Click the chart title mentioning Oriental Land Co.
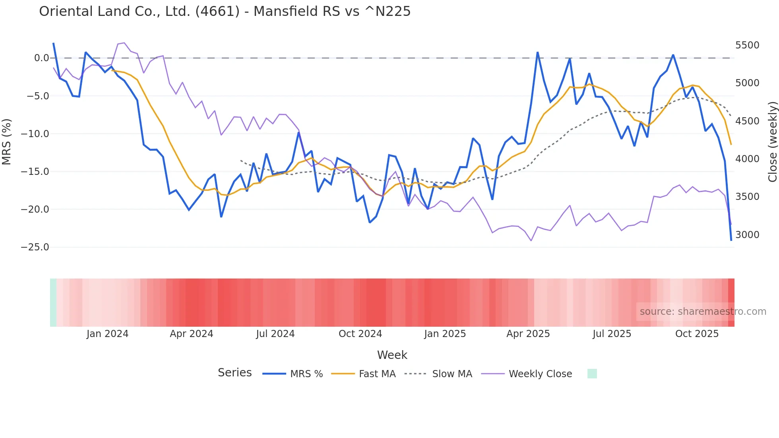pos(225,11)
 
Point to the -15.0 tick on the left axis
pos(35,172)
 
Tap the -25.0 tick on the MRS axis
pos(35,247)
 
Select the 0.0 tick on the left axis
pos(41,58)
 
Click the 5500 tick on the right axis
pos(747,45)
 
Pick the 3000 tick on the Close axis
pos(747,235)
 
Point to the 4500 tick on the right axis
pos(747,121)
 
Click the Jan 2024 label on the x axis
pos(107,334)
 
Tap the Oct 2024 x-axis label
pos(360,334)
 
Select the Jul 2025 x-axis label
pos(612,334)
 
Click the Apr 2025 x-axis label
pos(528,334)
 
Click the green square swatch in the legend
pos(592,374)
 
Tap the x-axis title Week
pos(392,355)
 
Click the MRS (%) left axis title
pos(6,141)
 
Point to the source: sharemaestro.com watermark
pos(703,312)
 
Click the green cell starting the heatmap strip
pos(53,302)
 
